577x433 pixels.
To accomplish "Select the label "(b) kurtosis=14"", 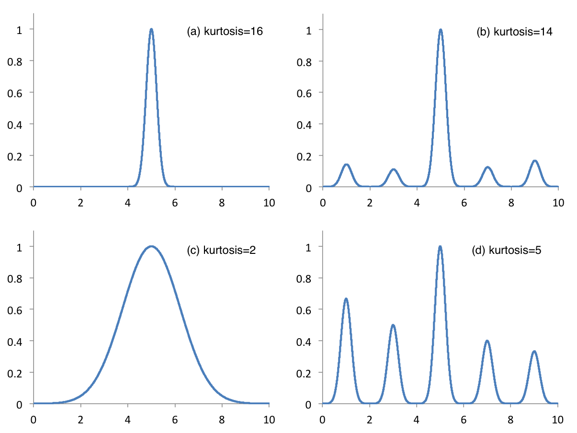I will [515, 32].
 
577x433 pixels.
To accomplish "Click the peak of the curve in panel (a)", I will [151, 29].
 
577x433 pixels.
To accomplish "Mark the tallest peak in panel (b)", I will [441, 30].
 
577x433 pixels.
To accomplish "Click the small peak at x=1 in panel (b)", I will [346, 165].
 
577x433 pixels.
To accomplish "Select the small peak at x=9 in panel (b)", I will [535, 161].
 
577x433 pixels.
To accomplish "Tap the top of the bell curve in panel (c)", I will [151, 247].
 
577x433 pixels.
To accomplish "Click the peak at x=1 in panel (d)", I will [346, 299].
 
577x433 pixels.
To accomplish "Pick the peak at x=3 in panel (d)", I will [393, 325].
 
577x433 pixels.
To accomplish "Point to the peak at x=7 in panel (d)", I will [487, 341].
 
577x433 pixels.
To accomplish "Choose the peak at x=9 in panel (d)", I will [534, 352].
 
